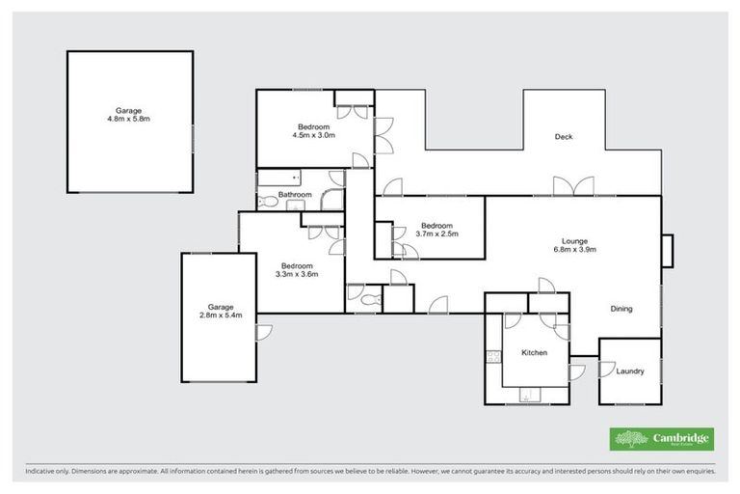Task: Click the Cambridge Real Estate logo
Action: tap(661, 439)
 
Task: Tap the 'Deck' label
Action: tap(564, 137)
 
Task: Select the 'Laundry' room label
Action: tap(629, 371)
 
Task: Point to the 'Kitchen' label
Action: tap(534, 353)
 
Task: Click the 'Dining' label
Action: tap(621, 309)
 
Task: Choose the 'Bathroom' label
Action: tap(295, 195)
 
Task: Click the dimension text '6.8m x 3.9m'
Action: tap(581, 250)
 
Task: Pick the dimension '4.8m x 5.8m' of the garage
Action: tap(129, 120)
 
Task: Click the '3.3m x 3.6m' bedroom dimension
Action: tap(296, 274)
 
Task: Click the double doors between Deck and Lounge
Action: tap(566, 186)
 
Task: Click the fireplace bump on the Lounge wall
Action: tap(668, 250)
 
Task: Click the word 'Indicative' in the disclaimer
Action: tap(42, 472)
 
